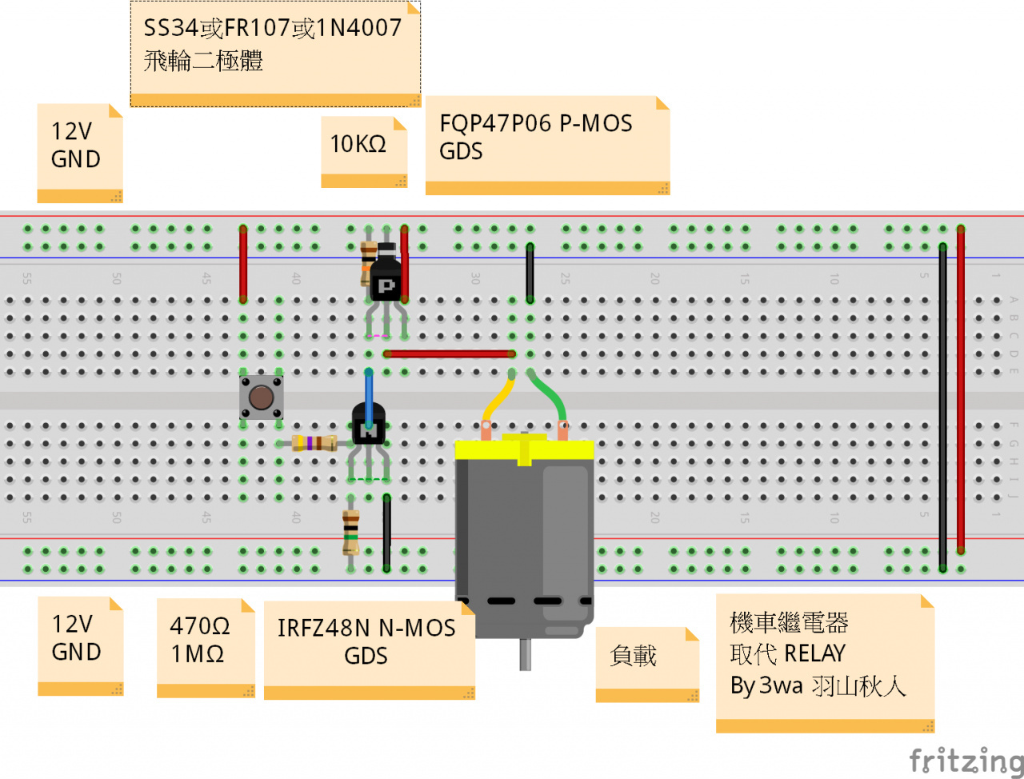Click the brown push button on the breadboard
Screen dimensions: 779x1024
click(x=261, y=397)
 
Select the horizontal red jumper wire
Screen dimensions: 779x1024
click(x=449, y=354)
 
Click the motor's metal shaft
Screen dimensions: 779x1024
click(x=525, y=654)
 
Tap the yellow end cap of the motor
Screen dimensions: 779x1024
click(x=524, y=449)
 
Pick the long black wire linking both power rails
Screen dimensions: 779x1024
click(x=942, y=400)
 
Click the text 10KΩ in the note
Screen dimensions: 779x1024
click(x=358, y=144)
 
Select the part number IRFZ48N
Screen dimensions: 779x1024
click(x=325, y=628)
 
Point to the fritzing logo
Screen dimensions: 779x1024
click(x=966, y=760)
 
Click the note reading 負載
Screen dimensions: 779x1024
click(x=634, y=656)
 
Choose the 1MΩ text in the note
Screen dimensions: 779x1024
click(x=197, y=654)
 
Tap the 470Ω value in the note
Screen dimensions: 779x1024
click(x=199, y=625)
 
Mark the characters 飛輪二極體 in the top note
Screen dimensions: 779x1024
click(x=203, y=61)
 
